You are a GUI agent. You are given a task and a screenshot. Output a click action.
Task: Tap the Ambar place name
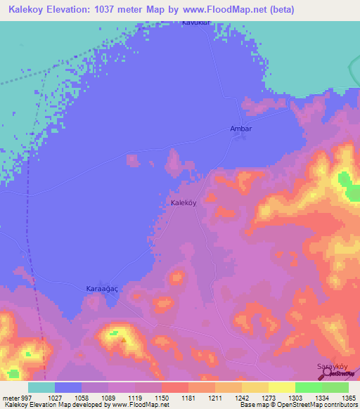240,129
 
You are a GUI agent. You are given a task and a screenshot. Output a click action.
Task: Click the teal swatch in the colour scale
41,387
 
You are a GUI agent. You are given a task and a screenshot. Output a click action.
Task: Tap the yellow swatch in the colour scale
281,387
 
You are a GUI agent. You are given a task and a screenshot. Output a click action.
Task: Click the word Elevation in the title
74,9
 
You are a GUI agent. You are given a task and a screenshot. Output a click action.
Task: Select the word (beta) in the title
280,9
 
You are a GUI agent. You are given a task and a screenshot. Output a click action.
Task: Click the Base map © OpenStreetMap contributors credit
299,405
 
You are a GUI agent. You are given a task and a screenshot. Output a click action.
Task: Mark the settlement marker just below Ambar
242,137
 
